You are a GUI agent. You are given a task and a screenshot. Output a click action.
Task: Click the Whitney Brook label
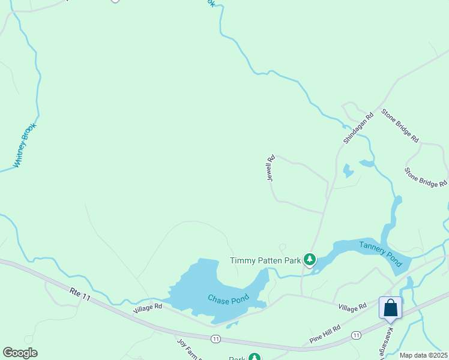click(x=25, y=145)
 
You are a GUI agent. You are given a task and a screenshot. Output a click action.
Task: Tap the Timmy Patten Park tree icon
click(x=310, y=260)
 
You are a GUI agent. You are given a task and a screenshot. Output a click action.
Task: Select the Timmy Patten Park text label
click(x=265, y=260)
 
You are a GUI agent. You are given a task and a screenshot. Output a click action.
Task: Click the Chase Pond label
click(x=228, y=298)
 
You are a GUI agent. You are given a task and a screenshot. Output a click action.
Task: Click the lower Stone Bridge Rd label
click(x=426, y=175)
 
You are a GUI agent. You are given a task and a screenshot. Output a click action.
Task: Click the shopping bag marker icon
click(x=390, y=308)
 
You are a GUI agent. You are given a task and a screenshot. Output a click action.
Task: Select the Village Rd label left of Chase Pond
click(x=148, y=306)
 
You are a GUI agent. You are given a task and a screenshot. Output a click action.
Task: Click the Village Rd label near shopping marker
click(x=352, y=307)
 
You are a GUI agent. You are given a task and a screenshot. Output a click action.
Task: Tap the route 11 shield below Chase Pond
click(x=215, y=339)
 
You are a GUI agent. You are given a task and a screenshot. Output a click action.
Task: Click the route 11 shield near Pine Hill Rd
click(x=356, y=335)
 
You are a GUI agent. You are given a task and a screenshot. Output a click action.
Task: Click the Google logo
click(x=20, y=353)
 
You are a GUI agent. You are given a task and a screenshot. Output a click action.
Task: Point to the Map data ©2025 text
click(x=423, y=355)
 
